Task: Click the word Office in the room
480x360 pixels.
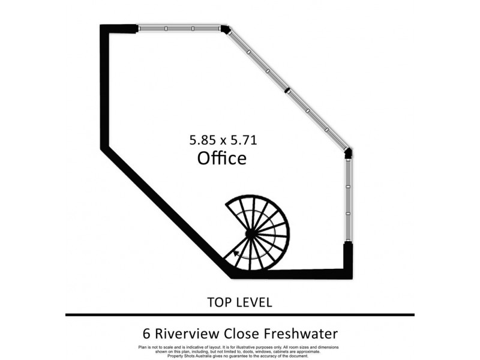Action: (x=222, y=158)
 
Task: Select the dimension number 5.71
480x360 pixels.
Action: (x=244, y=140)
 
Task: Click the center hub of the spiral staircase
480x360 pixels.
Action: (x=250, y=235)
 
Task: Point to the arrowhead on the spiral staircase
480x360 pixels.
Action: (x=236, y=253)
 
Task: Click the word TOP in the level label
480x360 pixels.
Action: (x=218, y=302)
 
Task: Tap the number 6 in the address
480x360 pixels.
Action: (x=146, y=334)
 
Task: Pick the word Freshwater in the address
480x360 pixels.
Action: (x=301, y=334)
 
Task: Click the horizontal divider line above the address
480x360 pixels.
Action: (x=240, y=314)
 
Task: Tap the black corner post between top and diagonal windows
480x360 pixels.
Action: (x=226, y=29)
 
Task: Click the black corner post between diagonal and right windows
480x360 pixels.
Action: (x=348, y=153)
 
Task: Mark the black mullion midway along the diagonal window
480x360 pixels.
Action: (x=287, y=91)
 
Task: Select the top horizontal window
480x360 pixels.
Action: (x=179, y=28)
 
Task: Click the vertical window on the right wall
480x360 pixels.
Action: (x=348, y=200)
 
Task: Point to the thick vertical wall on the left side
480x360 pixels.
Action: (x=104, y=86)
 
